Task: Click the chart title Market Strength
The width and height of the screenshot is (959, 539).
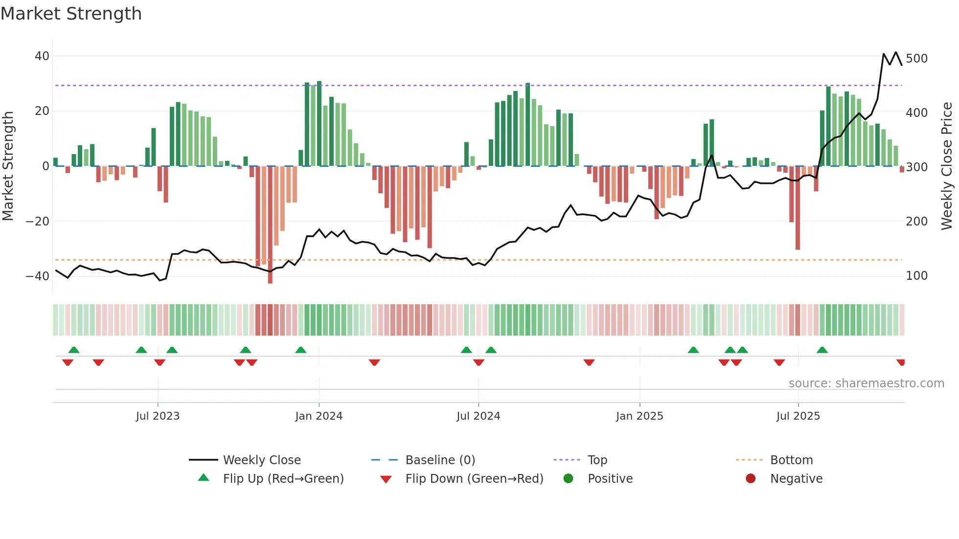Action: pyautogui.click(x=71, y=14)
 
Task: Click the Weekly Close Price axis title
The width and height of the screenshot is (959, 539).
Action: pyautogui.click(x=947, y=166)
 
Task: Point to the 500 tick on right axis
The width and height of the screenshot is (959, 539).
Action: pyautogui.click(x=916, y=59)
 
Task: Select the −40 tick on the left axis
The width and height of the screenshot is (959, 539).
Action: pyautogui.click(x=37, y=276)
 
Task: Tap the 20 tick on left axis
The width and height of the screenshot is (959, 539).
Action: pyautogui.click(x=42, y=111)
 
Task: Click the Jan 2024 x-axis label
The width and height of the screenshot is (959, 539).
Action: pyautogui.click(x=319, y=416)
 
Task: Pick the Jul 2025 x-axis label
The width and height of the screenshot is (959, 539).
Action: pyautogui.click(x=798, y=416)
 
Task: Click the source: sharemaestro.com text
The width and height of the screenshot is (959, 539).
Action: pyautogui.click(x=866, y=383)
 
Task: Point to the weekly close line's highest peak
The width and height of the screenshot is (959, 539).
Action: pyautogui.click(x=896, y=52)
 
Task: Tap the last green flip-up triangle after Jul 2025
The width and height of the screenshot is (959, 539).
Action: pyautogui.click(x=822, y=350)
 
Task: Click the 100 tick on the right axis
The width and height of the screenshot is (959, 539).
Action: pyautogui.click(x=916, y=276)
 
